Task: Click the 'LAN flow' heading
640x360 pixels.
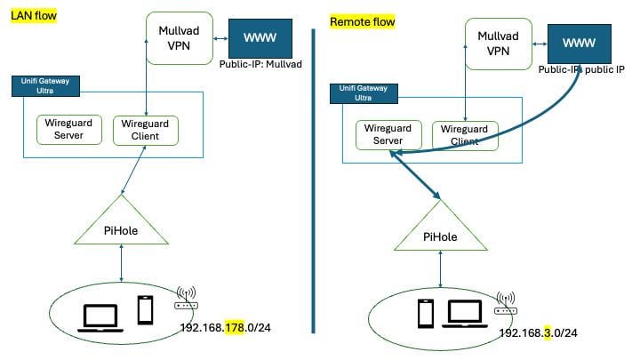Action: pyautogui.click(x=33, y=18)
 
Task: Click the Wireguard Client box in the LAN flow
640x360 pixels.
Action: pyautogui.click(x=146, y=130)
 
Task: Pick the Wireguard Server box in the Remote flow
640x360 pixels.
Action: pyautogui.click(x=388, y=135)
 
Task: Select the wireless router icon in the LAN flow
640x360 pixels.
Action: pyautogui.click(x=187, y=298)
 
